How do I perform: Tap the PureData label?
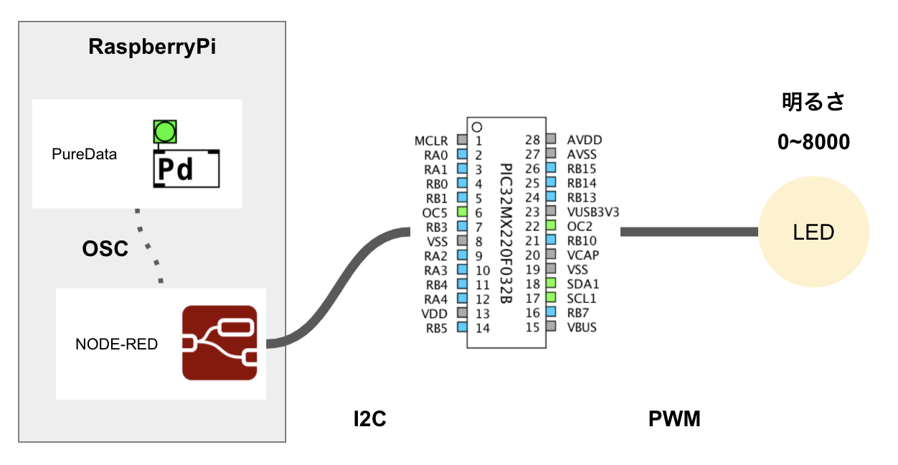coord(84,154)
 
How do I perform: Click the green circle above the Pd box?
coord(165,131)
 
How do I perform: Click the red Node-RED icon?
coord(219,342)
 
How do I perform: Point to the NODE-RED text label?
coord(116,344)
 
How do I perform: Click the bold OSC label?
coord(105,248)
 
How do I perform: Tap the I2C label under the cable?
coord(370,419)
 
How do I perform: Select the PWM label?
coord(674,419)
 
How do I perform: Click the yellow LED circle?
coord(814,232)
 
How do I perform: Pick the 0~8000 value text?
coord(814,142)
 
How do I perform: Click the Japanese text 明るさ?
coord(814,102)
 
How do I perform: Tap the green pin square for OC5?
coord(463,212)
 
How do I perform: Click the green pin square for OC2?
coord(551,226)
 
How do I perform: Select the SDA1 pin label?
coord(582,284)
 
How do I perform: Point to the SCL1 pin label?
coord(582,299)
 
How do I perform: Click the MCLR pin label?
coord(430,140)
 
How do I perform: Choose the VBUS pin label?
coord(582,327)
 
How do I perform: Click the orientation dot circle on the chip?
coord(477,127)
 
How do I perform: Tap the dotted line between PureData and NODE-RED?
coord(148,246)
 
